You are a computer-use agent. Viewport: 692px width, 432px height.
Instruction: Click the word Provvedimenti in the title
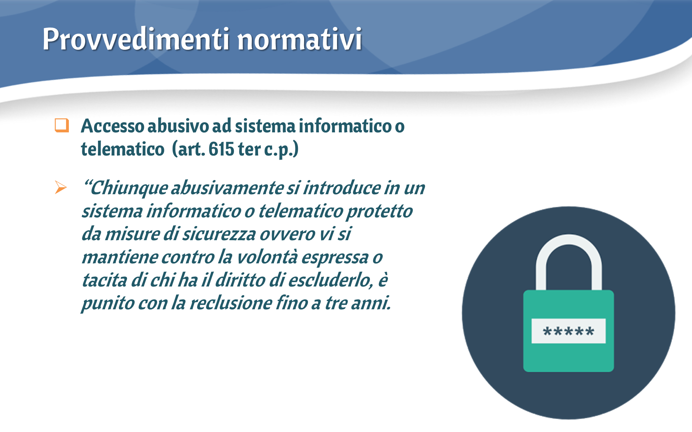pos(136,39)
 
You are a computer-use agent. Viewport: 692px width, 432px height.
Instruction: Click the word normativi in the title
pos(300,39)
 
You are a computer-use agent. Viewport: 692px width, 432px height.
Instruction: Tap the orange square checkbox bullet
pos(62,125)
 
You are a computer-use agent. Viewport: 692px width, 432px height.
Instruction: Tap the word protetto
pos(380,212)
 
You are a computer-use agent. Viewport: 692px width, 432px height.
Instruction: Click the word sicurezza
pos(219,234)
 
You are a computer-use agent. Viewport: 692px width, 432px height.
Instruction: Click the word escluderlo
pos(331,280)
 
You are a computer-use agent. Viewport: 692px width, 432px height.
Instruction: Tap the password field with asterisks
pos(568,331)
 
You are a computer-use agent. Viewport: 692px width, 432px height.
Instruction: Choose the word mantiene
pos(119,257)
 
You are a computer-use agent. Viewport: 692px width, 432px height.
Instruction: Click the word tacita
pos(104,280)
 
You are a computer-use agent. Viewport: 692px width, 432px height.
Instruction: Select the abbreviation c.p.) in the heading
pos(281,150)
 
